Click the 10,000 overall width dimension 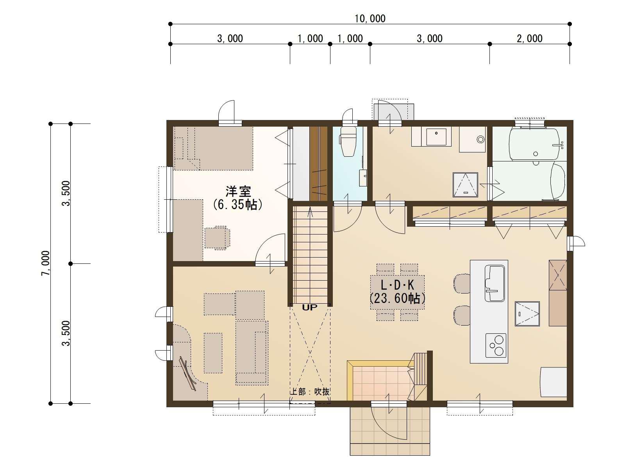tap(370, 19)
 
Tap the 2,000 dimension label tap(530, 39)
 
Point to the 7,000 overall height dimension tap(46, 263)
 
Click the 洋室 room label tap(238, 192)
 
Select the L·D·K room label tap(397, 285)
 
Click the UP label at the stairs tap(309, 308)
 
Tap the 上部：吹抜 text tap(309, 392)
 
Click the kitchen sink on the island tap(495, 283)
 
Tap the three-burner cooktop tap(496, 345)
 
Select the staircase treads tap(310, 255)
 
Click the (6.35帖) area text tap(237, 204)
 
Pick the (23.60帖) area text tap(397, 299)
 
